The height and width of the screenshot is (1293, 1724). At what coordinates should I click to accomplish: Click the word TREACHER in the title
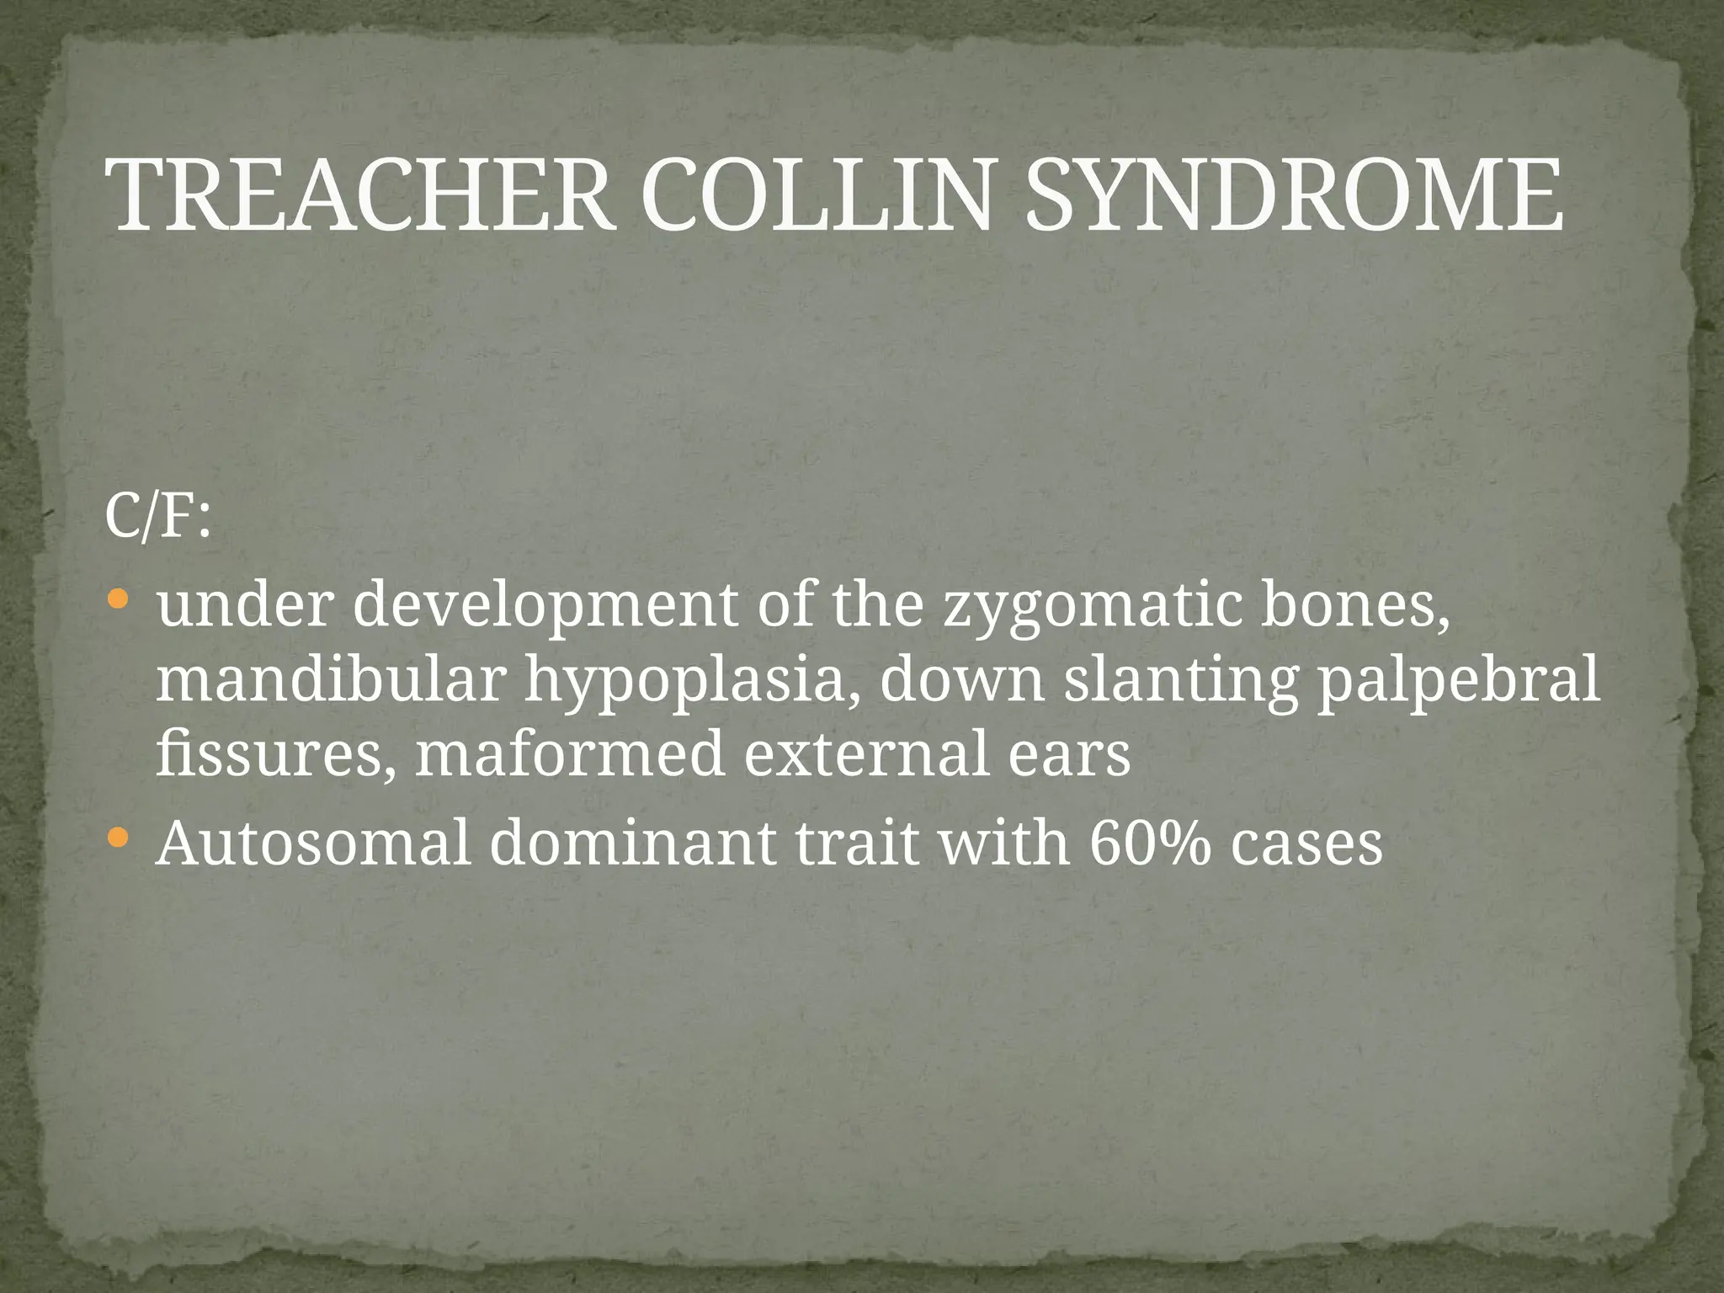coord(362,196)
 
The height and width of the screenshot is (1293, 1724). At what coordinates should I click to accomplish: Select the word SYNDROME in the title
coord(1294,196)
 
